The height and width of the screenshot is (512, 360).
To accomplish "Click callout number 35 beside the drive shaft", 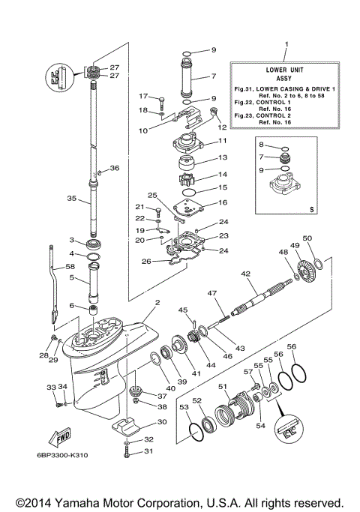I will tap(71, 199).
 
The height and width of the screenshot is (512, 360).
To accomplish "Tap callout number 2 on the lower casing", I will tap(157, 304).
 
